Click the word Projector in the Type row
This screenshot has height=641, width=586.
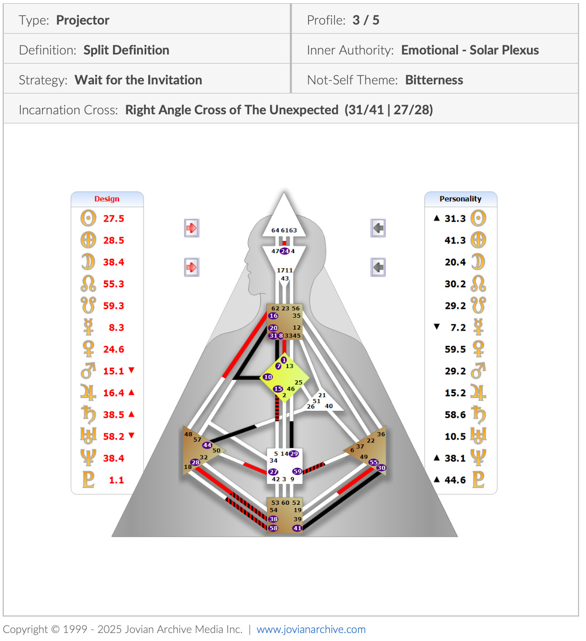83,20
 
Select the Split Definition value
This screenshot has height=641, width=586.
126,50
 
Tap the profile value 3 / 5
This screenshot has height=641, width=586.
366,20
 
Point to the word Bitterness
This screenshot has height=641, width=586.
434,80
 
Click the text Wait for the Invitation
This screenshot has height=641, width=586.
138,80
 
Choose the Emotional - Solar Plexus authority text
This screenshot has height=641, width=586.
470,50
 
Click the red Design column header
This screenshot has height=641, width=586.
107,199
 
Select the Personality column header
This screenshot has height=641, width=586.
460,199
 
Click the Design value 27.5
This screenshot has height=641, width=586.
113,218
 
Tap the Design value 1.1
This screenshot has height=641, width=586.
116,480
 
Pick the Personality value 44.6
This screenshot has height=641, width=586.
455,480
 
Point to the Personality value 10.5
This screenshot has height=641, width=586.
455,436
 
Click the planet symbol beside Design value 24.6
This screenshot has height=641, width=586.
88,349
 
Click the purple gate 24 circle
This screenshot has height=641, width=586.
284,251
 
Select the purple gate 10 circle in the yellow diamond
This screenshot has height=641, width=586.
268,377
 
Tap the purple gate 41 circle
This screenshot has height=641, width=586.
297,528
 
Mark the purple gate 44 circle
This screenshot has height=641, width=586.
207,445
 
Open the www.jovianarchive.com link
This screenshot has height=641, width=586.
311,629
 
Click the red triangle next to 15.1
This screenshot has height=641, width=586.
132,370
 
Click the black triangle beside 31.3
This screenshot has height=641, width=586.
437,218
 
